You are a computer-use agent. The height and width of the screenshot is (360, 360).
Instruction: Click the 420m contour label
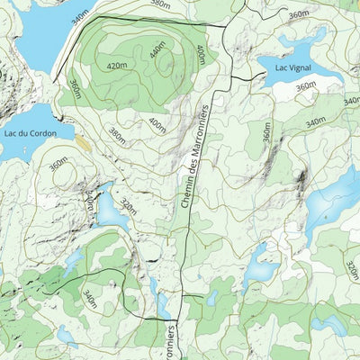116,66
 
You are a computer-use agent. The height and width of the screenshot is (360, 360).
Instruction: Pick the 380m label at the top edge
159,4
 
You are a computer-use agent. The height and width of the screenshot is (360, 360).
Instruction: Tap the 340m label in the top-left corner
80,16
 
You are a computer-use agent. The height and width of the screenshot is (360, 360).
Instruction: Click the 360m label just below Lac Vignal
306,86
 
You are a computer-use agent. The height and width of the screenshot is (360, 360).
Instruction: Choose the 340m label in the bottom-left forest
89,299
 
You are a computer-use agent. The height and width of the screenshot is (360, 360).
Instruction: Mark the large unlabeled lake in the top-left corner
36,31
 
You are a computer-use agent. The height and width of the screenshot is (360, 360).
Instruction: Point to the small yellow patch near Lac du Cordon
83,142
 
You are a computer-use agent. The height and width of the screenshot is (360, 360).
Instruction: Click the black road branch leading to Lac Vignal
238,79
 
